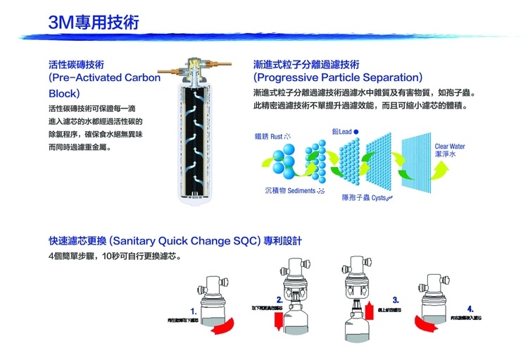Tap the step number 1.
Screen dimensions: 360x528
194,310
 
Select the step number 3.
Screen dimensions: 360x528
396,299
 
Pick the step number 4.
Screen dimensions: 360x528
470,309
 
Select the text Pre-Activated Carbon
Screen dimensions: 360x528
105,77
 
